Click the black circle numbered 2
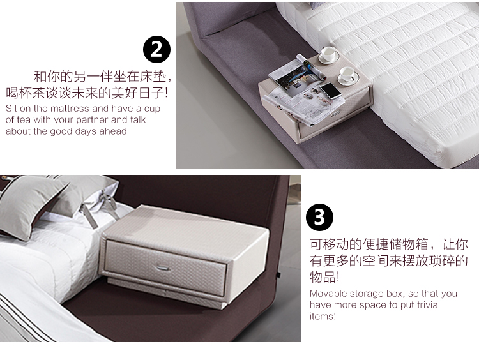point(156,49)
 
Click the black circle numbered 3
point(319,218)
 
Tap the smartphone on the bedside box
point(330,91)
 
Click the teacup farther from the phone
point(328,54)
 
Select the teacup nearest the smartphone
point(347,75)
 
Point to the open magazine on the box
point(296,73)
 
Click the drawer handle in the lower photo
point(162,268)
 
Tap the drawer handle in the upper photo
point(335,114)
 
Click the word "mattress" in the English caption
point(68,109)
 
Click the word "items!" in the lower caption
point(323,316)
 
